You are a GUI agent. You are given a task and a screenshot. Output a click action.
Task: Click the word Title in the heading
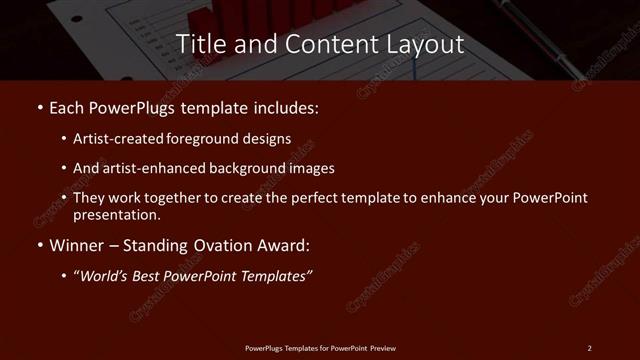[200, 44]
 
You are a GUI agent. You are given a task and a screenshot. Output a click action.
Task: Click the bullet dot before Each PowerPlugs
[38, 106]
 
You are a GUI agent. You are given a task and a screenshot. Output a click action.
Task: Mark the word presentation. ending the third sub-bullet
[117, 215]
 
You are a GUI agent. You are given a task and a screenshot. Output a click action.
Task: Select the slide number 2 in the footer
[589, 348]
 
